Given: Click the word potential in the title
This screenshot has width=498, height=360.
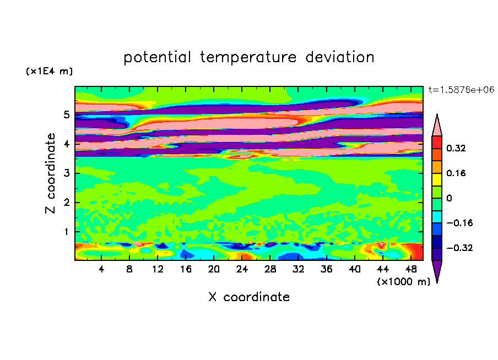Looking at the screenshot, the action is [157, 57].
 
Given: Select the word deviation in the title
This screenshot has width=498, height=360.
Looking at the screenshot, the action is [340, 57].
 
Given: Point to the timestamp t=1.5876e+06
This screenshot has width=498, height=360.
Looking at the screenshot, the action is [461, 90].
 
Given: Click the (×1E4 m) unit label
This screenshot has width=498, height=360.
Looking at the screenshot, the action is [49, 71].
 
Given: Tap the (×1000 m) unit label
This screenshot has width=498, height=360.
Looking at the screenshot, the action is [403, 281].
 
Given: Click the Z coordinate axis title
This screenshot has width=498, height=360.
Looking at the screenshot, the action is [51, 173].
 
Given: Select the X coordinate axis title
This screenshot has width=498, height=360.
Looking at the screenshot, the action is [249, 297].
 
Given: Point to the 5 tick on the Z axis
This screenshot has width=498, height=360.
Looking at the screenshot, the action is [66, 114].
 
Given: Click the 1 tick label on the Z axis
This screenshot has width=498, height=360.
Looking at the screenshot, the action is [66, 232].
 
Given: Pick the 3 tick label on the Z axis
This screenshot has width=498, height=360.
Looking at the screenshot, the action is [66, 173].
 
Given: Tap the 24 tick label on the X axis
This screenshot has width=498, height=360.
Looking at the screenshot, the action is [242, 269].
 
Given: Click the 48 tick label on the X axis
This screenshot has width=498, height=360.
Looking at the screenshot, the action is [411, 269].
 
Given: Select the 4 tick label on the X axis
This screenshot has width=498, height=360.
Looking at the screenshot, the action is [101, 269].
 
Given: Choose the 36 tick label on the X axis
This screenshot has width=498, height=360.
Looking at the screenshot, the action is [327, 269].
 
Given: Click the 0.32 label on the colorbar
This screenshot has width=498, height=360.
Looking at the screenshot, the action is [456, 148].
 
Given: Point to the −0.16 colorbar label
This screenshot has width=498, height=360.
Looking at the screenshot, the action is [459, 223].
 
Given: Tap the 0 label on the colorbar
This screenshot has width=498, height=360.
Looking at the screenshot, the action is [449, 198].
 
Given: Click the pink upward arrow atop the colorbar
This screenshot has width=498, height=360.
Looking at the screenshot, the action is [437, 125].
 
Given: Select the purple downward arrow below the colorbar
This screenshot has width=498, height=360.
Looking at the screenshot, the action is [437, 271].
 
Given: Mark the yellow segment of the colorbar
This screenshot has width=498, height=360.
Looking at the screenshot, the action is [437, 179].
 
